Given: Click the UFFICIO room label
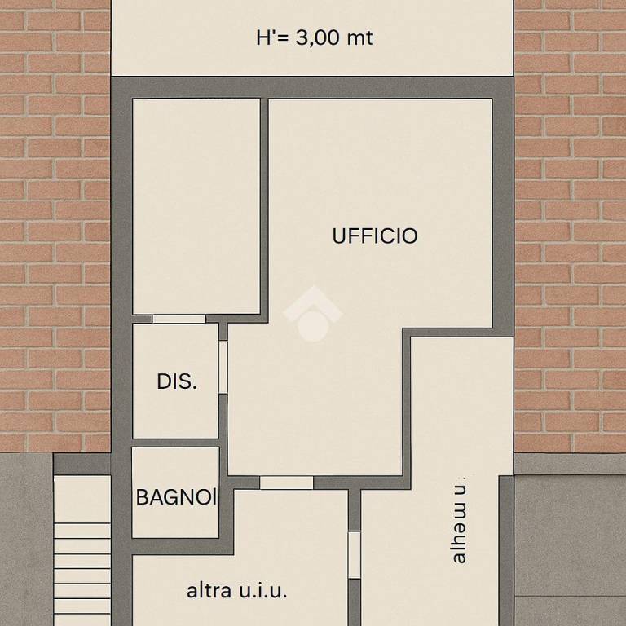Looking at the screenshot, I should click(x=375, y=236).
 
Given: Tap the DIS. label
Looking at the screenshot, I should click(x=177, y=381).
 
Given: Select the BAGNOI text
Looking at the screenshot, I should click(x=176, y=497).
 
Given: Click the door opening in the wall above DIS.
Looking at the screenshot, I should click(x=179, y=319).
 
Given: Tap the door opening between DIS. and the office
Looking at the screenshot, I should click(x=223, y=367).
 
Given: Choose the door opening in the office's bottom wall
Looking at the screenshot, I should click(x=286, y=483).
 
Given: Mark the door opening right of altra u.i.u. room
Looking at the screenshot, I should click(x=354, y=555).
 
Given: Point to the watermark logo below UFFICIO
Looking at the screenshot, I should click(x=311, y=314).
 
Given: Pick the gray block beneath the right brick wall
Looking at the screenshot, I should click(x=570, y=538).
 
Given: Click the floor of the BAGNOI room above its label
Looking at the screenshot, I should click(x=176, y=468).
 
